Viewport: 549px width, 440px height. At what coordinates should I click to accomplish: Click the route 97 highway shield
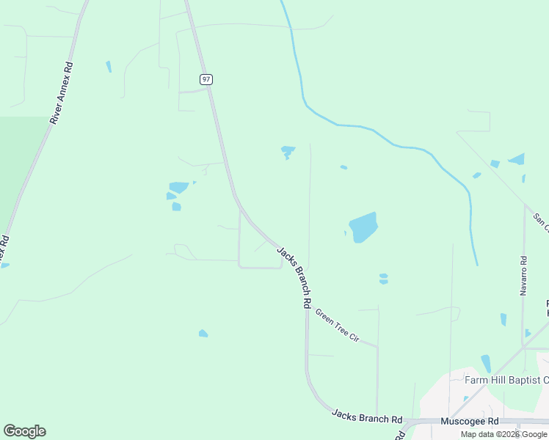pos(206,78)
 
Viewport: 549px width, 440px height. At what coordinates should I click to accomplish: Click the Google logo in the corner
pos(24,431)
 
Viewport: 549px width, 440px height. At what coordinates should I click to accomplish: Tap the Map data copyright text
pos(503,434)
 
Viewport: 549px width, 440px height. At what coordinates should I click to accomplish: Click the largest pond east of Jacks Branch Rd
pos(363,227)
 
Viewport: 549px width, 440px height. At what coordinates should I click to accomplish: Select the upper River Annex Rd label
pos(61,92)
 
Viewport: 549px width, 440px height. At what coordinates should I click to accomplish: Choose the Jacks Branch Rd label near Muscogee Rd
pos(366,417)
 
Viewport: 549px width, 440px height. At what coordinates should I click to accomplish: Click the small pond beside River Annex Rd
pos(109,67)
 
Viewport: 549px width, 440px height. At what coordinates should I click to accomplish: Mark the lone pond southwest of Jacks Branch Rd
pos(203,334)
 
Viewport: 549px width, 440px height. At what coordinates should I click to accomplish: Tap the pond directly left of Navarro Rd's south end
pos(503,319)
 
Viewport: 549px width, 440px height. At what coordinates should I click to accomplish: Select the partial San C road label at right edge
pos(540,222)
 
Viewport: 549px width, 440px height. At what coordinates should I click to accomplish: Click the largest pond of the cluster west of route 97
pos(178,187)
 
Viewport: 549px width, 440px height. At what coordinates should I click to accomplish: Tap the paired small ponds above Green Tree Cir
pos(383,279)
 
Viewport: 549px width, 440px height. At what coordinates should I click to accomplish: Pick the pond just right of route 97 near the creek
pos(287,152)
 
